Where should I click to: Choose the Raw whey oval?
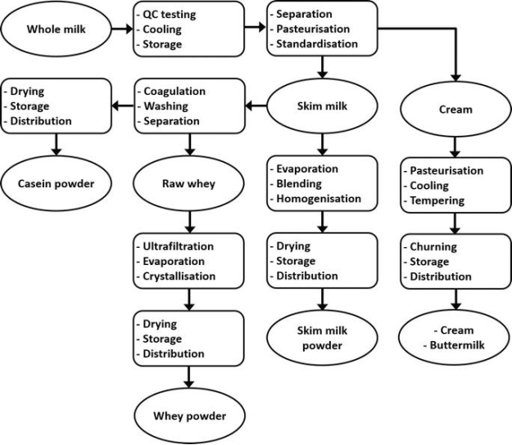(x=189, y=183)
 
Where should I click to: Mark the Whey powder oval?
(x=189, y=416)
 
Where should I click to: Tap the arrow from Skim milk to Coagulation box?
(x=257, y=106)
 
